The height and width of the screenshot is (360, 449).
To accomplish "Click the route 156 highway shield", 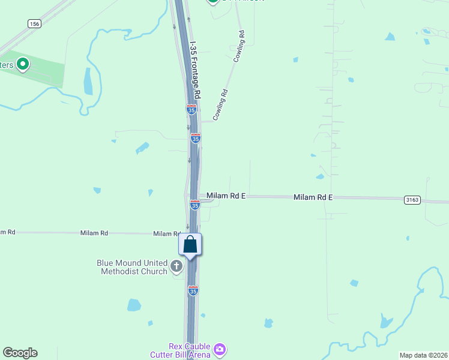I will [34, 23].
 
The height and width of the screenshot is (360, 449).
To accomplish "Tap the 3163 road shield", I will [412, 199].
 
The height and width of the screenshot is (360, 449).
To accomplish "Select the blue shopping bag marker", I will [190, 245].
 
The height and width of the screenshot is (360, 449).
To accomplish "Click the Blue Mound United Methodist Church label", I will [132, 267].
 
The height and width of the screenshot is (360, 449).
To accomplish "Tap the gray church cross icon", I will [176, 266].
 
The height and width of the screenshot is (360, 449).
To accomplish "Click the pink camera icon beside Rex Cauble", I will [220, 348].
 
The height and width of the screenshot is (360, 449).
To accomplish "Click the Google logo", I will [20, 353].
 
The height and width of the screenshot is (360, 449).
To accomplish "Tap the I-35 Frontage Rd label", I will [195, 70].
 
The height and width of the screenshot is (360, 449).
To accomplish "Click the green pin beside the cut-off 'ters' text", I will [23, 64].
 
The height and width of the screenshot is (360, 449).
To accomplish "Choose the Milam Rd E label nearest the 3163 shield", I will [313, 197].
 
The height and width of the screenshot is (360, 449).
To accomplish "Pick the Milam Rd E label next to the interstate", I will [226, 196].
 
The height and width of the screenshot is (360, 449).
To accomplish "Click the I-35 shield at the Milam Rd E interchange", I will [194, 205].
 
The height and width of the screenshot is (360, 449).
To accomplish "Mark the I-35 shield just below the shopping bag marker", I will [193, 290].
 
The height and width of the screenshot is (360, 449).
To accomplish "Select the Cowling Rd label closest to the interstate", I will [221, 104].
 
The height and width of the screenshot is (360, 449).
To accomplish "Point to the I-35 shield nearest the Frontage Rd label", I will [191, 109].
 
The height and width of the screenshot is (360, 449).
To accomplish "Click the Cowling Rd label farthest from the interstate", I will [238, 47].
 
